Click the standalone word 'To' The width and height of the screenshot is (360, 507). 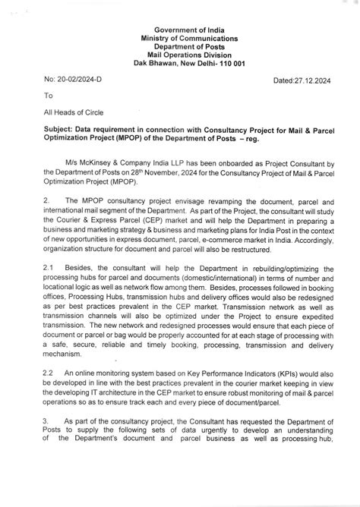pyautogui.click(x=49, y=96)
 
